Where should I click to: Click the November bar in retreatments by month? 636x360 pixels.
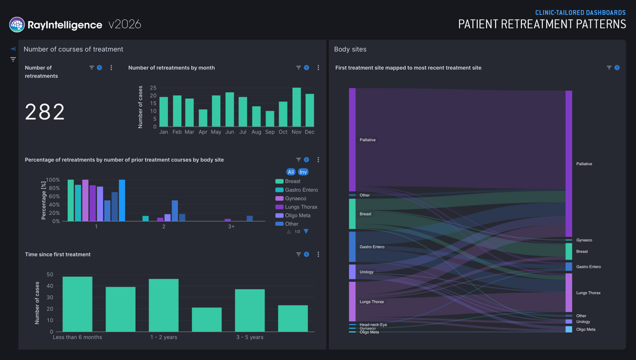(x=296, y=107)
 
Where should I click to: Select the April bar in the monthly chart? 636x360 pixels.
(x=203, y=118)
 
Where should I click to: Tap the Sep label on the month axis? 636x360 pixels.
(x=270, y=132)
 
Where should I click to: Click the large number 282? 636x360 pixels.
(x=45, y=111)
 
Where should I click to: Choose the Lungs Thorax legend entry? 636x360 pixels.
(x=296, y=207)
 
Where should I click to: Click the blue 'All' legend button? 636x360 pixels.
(x=291, y=172)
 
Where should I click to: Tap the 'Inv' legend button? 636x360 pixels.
(x=303, y=172)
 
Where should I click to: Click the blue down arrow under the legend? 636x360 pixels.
(x=306, y=231)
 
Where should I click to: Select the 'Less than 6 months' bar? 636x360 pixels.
(x=77, y=304)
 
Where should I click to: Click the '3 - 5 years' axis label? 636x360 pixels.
(x=250, y=337)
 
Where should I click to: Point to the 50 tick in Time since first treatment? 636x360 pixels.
(x=50, y=274)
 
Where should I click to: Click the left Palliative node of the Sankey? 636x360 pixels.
(x=352, y=140)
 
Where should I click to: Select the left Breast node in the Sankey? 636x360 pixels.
(x=352, y=214)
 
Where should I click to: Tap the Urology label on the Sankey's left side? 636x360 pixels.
(x=366, y=272)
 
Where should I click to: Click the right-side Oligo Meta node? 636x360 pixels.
(x=569, y=330)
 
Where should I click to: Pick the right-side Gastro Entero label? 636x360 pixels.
(x=589, y=266)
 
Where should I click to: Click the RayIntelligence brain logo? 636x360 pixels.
(x=17, y=24)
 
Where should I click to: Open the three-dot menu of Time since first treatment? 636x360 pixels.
(x=319, y=254)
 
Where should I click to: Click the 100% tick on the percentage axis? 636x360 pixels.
(x=53, y=180)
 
